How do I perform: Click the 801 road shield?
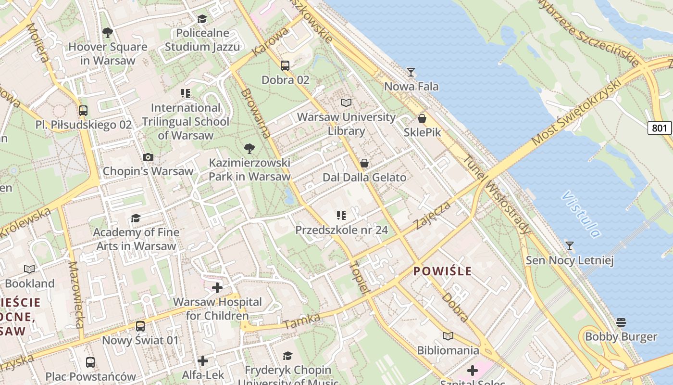coord(660,128)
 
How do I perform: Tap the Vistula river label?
coord(581,214)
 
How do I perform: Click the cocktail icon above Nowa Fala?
coord(411,72)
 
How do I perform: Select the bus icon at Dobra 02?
coord(285,66)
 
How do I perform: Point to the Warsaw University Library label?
coord(346,124)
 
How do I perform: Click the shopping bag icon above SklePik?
coord(422,118)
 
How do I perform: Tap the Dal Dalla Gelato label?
coord(364,178)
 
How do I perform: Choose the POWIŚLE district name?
coord(442,271)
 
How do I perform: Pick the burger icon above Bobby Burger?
coord(621,322)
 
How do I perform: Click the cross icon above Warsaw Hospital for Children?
coord(217,288)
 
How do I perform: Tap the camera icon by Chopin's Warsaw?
coord(148,157)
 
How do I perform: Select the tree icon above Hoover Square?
coord(108,33)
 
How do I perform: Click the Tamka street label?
coord(301,321)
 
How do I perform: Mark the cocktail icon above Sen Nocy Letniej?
coord(570,246)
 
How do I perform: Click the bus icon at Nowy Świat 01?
coord(140,326)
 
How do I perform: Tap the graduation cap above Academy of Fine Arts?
coord(136,218)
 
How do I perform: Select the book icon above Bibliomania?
coord(448,336)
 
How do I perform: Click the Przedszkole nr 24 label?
coord(341,230)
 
